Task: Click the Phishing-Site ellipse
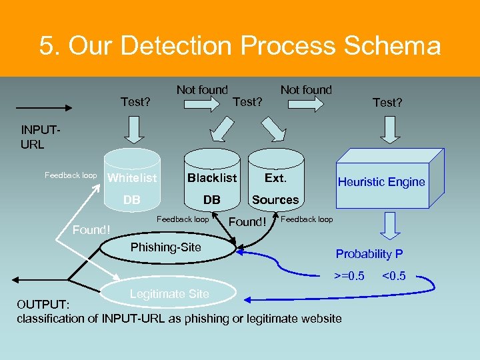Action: (x=165, y=248)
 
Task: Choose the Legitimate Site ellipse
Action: (x=169, y=294)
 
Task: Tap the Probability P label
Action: (x=369, y=254)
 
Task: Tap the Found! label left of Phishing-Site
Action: (x=91, y=230)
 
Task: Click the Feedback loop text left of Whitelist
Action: (x=71, y=175)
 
